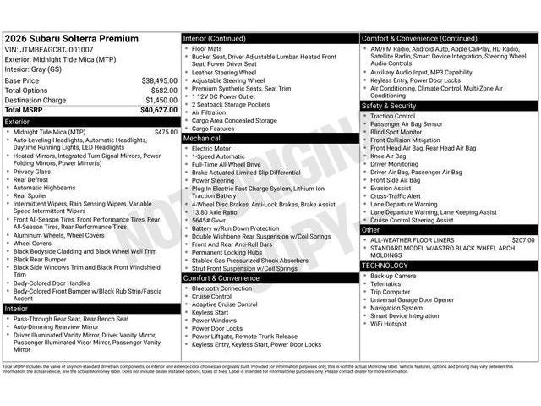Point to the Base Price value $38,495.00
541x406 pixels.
pyautogui.click(x=159, y=80)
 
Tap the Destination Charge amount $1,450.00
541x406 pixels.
pyautogui.click(x=161, y=100)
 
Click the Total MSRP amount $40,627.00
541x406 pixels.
pyautogui.click(x=159, y=110)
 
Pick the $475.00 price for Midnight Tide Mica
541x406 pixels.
pyautogui.click(x=166, y=132)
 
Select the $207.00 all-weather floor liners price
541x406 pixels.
pyautogui.click(x=523, y=240)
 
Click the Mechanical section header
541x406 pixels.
pyautogui.click(x=202, y=138)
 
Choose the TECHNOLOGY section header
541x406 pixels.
pyautogui.click(x=385, y=266)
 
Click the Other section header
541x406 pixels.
pyautogui.click(x=371, y=230)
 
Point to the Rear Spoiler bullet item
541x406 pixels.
pyautogui.click(x=30, y=195)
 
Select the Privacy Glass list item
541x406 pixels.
pyautogui.click(x=32, y=171)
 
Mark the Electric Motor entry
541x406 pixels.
pyautogui.click(x=212, y=148)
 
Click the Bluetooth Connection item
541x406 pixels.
pyautogui.click(x=221, y=288)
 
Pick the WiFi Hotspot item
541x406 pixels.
pyautogui.click(x=388, y=323)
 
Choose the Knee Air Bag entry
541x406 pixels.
pyautogui.click(x=388, y=156)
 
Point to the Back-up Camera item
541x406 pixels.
pyautogui.click(x=393, y=276)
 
